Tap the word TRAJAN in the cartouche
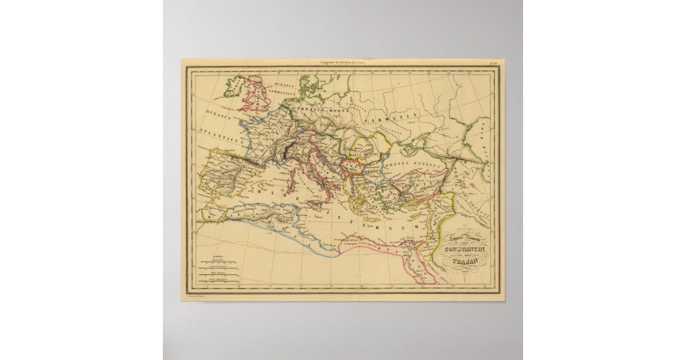coord(464,262)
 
